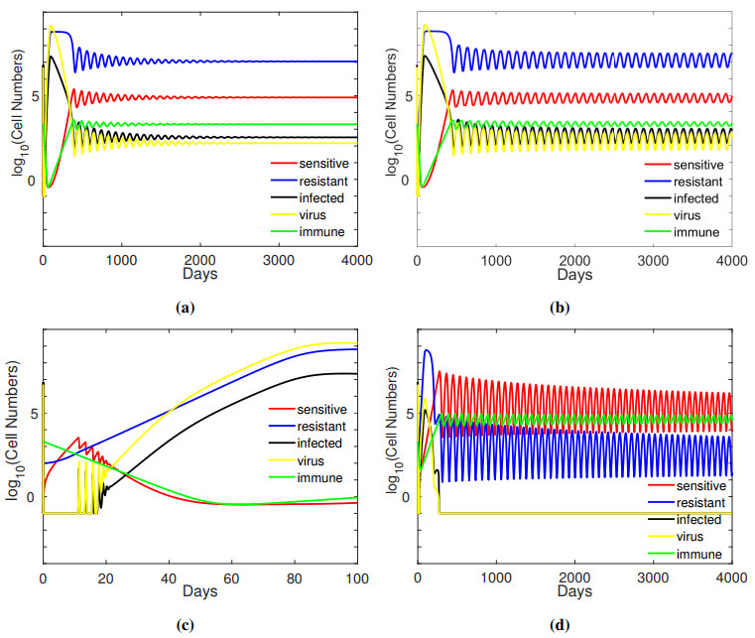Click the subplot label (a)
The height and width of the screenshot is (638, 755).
185,308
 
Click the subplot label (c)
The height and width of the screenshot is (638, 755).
185,625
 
